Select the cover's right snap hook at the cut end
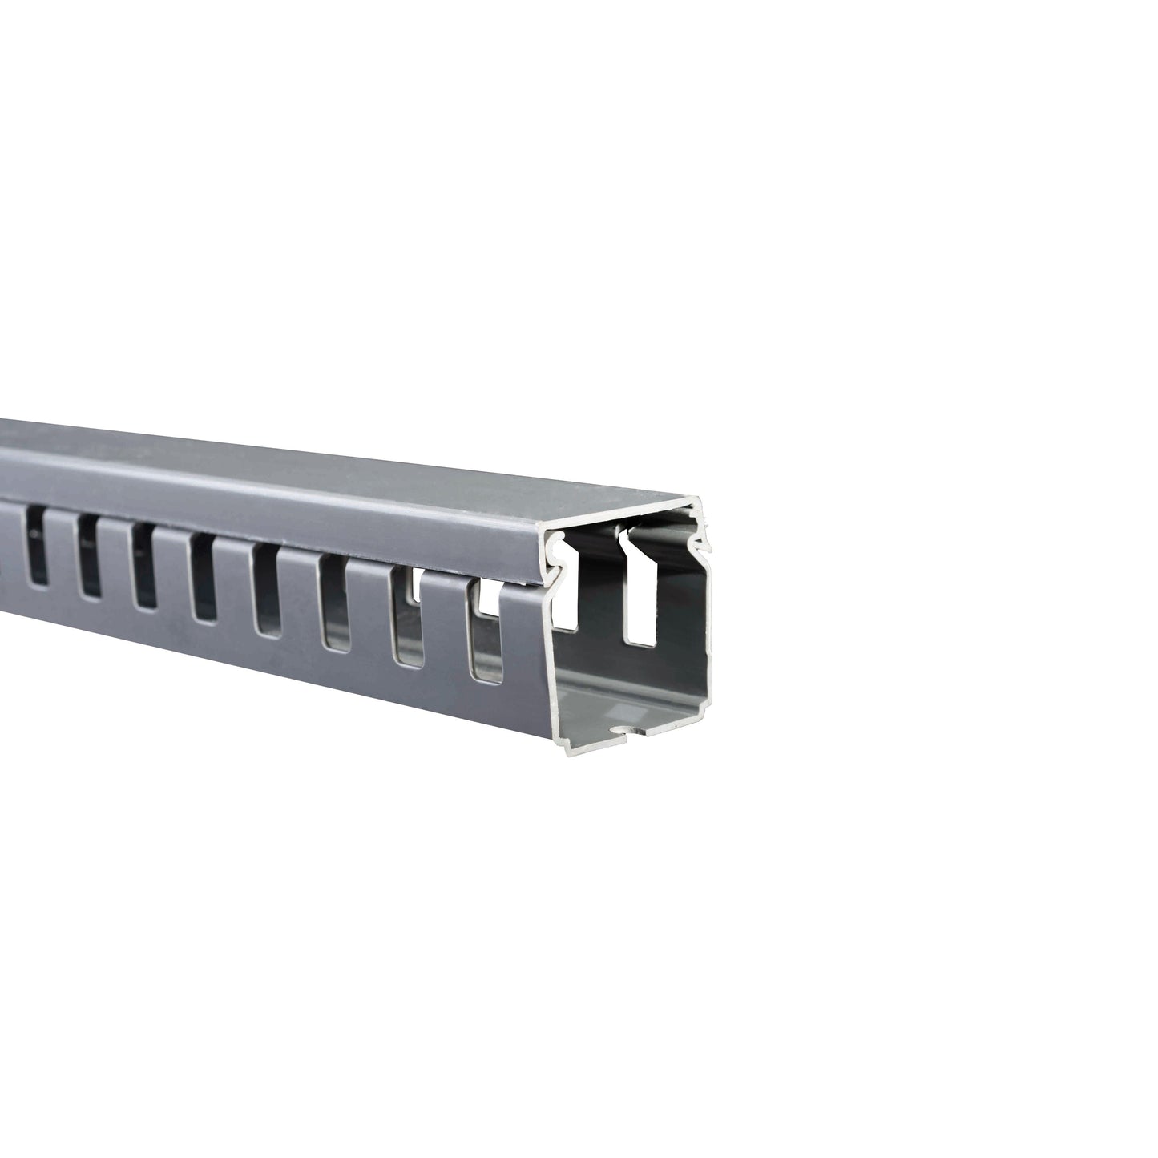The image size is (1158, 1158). tap(702, 545)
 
